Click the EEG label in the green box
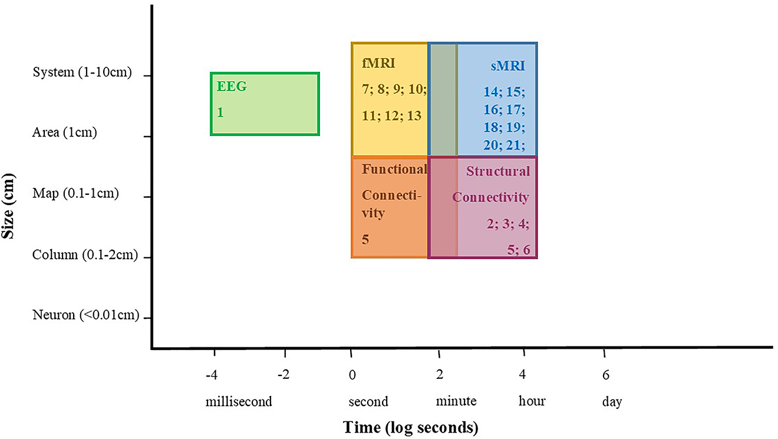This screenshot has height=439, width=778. coord(232,87)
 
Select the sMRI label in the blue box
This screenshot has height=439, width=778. coord(507,65)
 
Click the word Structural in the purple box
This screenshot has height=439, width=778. coord(498,171)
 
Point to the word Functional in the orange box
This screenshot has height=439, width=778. coord(394,169)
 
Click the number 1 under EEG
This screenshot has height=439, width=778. coord(220,112)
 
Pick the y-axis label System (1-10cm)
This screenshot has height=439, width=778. coord(82,72)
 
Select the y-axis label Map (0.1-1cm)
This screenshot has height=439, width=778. coord(75,193)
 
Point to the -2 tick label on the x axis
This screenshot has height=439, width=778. coord(285,375)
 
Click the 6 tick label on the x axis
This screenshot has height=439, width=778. coord(605,375)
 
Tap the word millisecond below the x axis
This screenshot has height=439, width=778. coord(239,402)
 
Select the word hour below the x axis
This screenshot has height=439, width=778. coord(532,402)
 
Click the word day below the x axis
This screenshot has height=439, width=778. coord(612,402)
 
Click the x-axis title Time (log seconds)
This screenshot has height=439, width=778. coord(411,427)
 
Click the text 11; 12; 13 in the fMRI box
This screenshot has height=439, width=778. coord(392,115)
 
